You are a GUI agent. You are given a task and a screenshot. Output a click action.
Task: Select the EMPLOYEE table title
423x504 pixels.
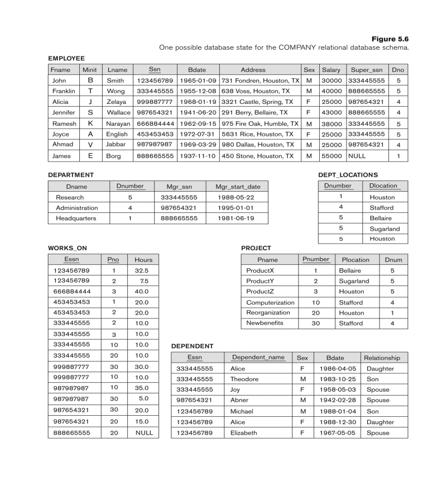point(66,58)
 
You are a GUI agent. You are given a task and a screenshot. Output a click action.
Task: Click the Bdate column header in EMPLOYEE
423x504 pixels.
point(197,70)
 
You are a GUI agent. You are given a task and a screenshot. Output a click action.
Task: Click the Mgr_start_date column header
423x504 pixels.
point(237,186)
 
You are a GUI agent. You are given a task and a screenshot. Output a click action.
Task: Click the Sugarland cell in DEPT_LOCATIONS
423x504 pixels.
point(384,229)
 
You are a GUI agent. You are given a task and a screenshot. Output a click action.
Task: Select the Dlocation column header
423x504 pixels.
point(383,186)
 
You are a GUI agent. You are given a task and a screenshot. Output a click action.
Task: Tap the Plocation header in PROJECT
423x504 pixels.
point(355,260)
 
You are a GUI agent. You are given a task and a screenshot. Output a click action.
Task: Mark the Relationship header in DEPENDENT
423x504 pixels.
point(382,358)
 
